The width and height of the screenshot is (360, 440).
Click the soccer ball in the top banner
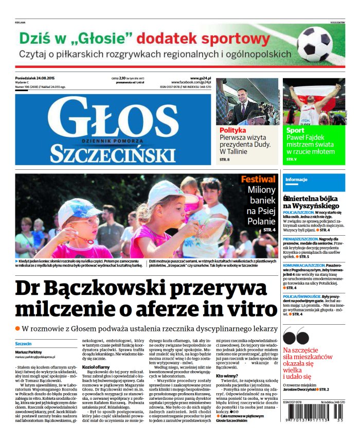pos(314,45)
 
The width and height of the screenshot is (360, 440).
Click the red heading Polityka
pos(233,130)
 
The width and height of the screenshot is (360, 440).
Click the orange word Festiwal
pos(258,180)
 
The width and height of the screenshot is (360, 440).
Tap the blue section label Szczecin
pos(23,343)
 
